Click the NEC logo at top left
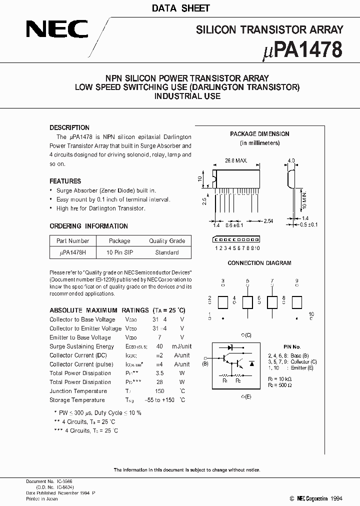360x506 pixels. pyautogui.click(x=57, y=29)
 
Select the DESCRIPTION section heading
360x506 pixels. pyautogui.click(x=69, y=127)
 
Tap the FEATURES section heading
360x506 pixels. pyautogui.click(x=65, y=181)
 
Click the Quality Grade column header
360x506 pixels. pyautogui.click(x=166, y=241)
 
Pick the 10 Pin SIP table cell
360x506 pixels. pyautogui.click(x=119, y=252)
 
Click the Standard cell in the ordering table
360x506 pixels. pyautogui.click(x=166, y=252)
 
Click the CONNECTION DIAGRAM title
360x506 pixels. pyautogui.click(x=259, y=263)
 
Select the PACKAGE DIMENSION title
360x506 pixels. pyautogui.click(x=259, y=134)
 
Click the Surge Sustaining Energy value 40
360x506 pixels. pyautogui.click(x=159, y=346)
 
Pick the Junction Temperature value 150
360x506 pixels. pyautogui.click(x=159, y=391)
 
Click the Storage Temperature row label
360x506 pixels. pyautogui.click(x=77, y=400)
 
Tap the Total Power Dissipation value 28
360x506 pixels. pyautogui.click(x=159, y=382)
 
